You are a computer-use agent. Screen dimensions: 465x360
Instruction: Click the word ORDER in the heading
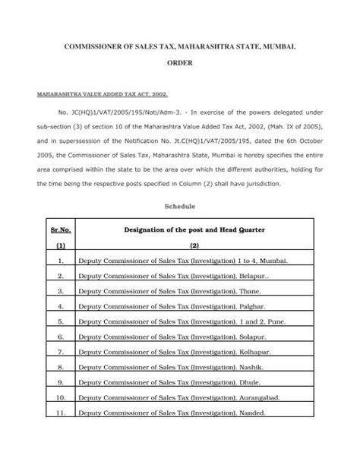(x=180, y=68)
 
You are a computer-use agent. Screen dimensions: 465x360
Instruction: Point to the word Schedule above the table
(x=180, y=205)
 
